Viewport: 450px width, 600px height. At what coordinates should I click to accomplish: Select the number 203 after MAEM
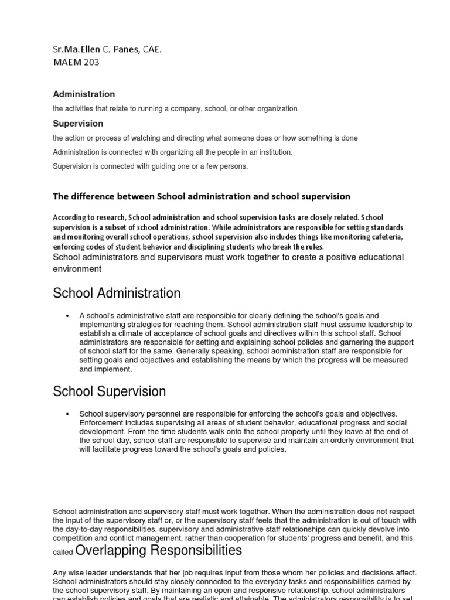(x=91, y=62)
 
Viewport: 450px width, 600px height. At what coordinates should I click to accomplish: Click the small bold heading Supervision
(x=78, y=124)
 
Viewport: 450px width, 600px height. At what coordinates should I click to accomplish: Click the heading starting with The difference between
(x=202, y=196)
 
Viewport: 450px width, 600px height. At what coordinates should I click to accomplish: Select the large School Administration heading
(x=117, y=293)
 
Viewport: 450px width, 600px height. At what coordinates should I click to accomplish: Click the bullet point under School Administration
(x=69, y=316)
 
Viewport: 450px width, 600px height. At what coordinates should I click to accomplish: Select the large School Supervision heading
(x=109, y=391)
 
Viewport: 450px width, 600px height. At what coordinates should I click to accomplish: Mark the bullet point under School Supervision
(x=69, y=414)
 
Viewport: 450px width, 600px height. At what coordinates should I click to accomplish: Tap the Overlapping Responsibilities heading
(x=159, y=550)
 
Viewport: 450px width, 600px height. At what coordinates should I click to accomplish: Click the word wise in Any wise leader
(x=76, y=572)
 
